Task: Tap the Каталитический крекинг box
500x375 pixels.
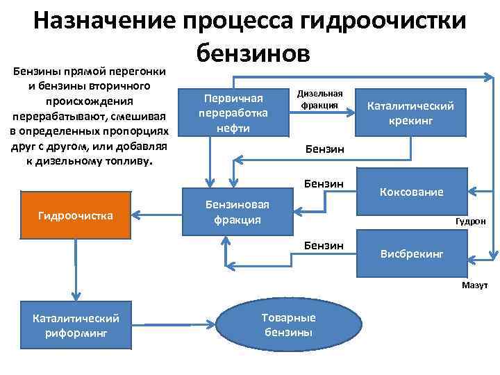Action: (410, 112)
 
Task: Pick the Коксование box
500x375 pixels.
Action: (411, 191)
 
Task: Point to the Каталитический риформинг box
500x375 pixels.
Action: (76, 324)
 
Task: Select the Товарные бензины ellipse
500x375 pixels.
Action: (288, 324)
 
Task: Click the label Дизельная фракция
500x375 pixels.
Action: (319, 99)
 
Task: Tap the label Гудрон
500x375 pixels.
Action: (471, 222)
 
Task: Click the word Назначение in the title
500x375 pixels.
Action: (105, 22)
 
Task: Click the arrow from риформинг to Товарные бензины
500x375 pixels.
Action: (174, 324)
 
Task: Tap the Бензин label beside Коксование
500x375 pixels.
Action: (324, 183)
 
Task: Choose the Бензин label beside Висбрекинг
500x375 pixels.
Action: (324, 245)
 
